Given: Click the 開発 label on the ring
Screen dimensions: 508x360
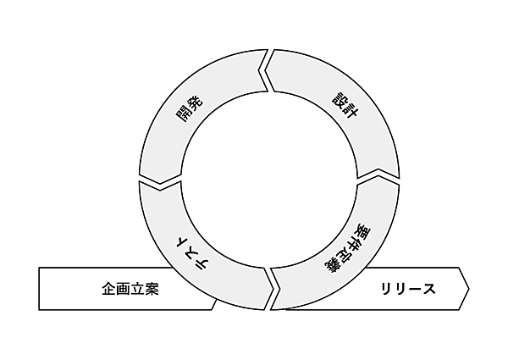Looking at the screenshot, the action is (190, 109).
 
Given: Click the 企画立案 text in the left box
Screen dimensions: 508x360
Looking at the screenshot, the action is (130, 289).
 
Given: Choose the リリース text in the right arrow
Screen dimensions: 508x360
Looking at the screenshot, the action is (408, 289).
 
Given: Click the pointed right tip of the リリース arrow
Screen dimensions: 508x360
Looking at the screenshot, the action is (469, 289).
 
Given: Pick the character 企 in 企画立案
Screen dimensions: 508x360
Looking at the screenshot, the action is (109, 289).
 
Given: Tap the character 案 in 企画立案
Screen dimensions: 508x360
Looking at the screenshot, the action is (152, 289).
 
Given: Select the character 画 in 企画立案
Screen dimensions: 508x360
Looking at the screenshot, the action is (124, 289).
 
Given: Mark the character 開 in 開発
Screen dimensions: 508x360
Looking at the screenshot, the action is (184, 115).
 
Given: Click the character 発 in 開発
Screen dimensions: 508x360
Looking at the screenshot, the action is (196, 102).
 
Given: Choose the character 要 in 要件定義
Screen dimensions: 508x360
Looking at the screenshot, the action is (364, 231).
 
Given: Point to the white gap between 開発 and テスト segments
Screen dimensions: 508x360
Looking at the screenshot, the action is (160, 182).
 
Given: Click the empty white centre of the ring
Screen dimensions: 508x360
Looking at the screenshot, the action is (269, 180).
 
